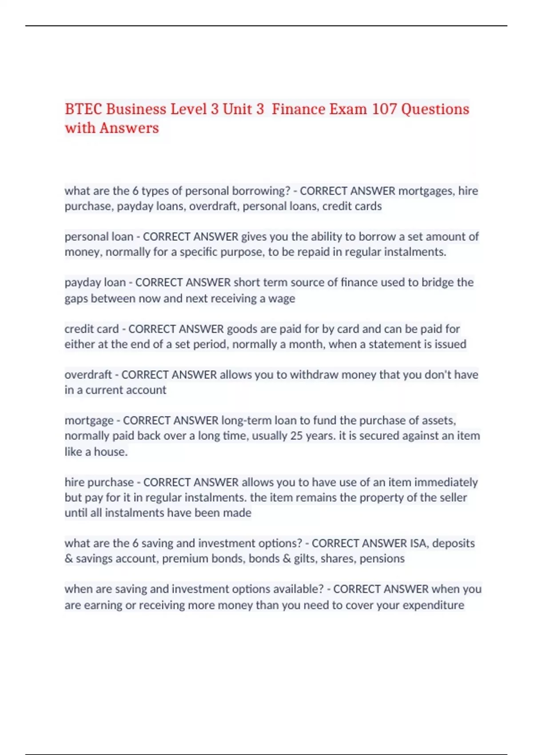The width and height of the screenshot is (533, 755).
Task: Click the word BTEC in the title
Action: [84, 109]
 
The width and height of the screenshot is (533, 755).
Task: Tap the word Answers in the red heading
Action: [129, 128]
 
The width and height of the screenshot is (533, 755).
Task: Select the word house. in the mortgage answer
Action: [111, 452]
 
